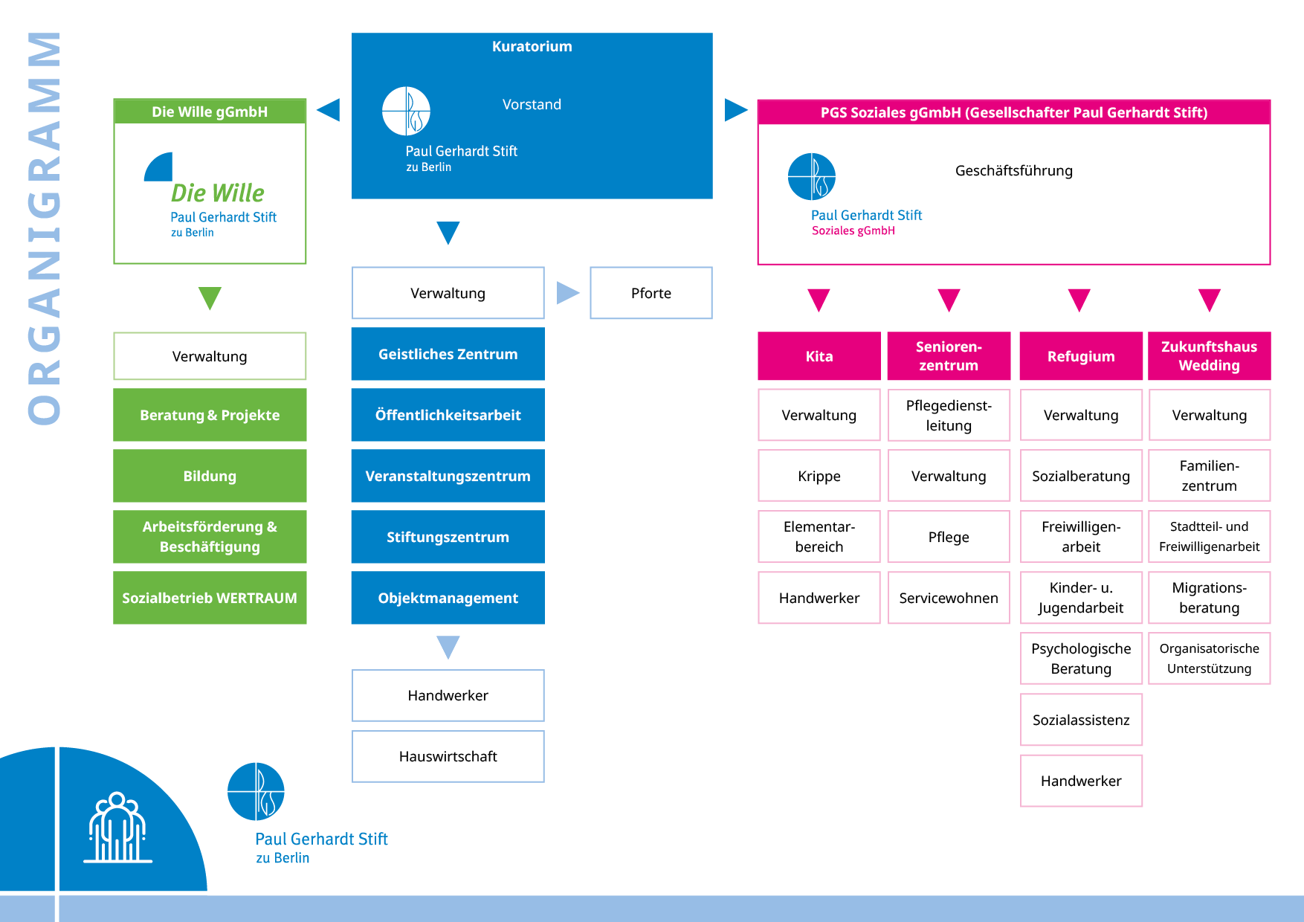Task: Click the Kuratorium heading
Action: tap(532, 46)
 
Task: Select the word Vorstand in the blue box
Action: tap(532, 105)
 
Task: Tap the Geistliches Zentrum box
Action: tap(448, 354)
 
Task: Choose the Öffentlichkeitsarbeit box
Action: tap(448, 415)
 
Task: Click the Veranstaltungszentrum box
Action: tap(448, 476)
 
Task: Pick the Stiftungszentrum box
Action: tap(448, 537)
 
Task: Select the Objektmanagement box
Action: tap(448, 598)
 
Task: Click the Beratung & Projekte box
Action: tap(210, 415)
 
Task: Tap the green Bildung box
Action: tap(210, 476)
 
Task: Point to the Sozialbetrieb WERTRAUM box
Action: tap(210, 598)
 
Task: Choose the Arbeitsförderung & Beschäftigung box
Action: tap(210, 537)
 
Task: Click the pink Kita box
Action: tap(819, 356)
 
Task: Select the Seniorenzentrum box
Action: tap(949, 356)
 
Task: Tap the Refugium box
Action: tap(1080, 356)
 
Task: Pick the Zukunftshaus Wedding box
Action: tap(1209, 356)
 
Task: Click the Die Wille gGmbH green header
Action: tap(210, 112)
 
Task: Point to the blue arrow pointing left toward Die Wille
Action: tap(329, 110)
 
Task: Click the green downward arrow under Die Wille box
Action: tap(210, 297)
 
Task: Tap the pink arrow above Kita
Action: tap(819, 299)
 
